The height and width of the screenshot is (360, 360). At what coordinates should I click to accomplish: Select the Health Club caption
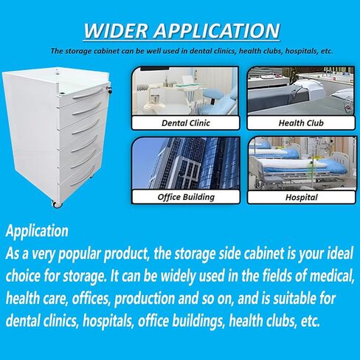pyautogui.click(x=301, y=123)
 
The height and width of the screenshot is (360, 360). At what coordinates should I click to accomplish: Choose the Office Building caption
pyautogui.click(x=185, y=197)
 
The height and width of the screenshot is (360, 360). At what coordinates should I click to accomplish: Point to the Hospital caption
pyautogui.click(x=301, y=197)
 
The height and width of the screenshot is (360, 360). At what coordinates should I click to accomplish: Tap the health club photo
pyautogui.click(x=301, y=93)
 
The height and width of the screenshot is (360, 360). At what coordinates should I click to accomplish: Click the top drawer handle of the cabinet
pyautogui.click(x=86, y=108)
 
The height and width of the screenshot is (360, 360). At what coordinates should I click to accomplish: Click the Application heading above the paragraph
pyautogui.click(x=37, y=231)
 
